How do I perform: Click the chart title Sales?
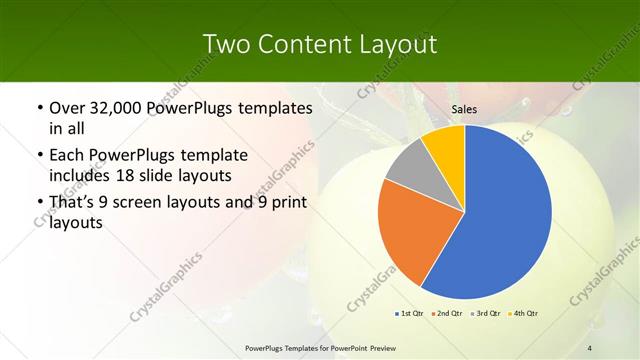[464, 110]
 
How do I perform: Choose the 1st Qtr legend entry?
[411, 314]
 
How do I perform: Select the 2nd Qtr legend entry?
[446, 314]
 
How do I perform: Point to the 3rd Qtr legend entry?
[486, 314]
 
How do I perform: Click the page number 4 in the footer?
[589, 347]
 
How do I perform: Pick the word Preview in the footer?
[378, 347]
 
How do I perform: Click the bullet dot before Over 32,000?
[38, 107]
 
